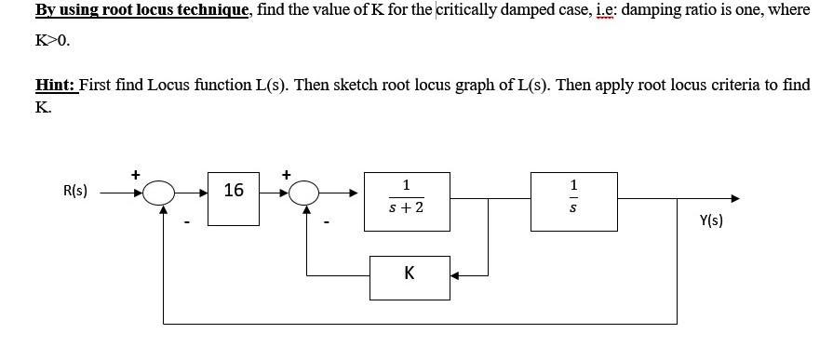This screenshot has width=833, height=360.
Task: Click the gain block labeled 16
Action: (234, 192)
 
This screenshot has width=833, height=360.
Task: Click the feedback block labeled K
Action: (410, 275)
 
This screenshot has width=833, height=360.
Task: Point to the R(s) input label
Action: (75, 192)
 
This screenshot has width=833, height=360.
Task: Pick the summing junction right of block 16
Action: (303, 193)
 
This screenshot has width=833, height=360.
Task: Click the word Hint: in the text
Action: (56, 85)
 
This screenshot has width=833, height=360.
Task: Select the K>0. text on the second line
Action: (52, 42)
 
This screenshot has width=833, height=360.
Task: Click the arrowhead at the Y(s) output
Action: (735, 197)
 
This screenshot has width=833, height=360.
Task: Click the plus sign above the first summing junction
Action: (135, 174)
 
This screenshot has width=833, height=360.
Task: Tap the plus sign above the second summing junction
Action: (286, 174)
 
